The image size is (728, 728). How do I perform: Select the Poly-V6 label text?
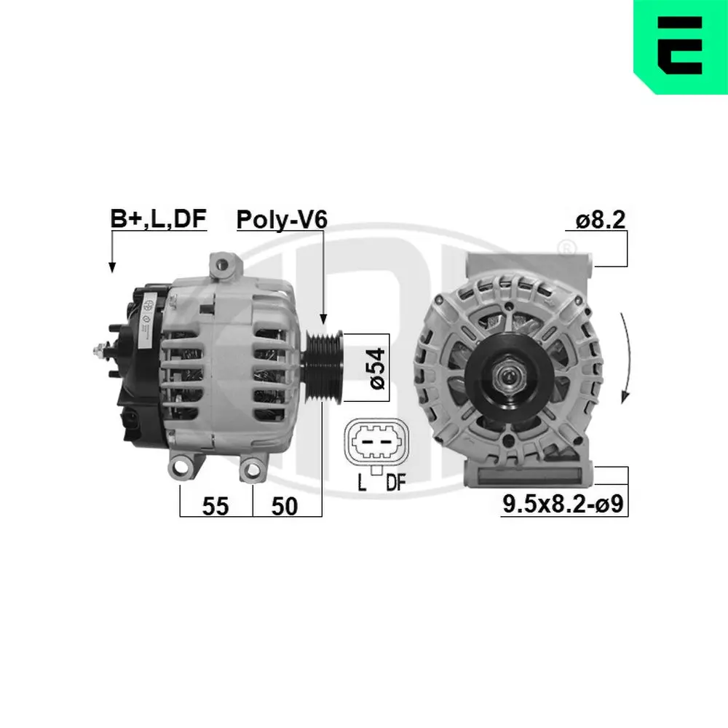(x=281, y=218)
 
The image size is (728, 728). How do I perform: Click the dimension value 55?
(x=215, y=507)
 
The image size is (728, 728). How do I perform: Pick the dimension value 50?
(x=284, y=507)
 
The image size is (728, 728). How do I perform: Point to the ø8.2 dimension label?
(x=600, y=219)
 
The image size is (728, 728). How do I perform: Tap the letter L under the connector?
(x=362, y=483)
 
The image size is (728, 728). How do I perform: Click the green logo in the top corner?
(x=680, y=47)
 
